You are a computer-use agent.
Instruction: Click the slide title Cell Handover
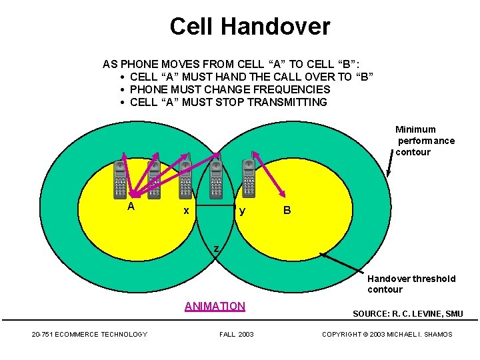tap(249, 27)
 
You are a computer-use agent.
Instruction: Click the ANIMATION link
tap(215, 307)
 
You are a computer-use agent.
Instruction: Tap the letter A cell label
tap(131, 207)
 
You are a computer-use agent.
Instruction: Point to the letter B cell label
tap(287, 211)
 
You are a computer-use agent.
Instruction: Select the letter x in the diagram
tap(187, 211)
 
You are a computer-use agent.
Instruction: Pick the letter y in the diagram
tap(242, 211)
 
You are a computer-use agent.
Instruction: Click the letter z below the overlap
tap(215, 249)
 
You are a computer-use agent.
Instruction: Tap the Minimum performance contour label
tap(425, 141)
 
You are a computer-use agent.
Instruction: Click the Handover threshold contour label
tap(411, 284)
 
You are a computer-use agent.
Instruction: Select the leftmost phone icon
tap(119, 179)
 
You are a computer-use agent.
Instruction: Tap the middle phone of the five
tap(185, 179)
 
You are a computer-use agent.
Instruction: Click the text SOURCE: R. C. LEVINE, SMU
tap(407, 314)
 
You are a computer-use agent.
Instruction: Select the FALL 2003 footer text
tap(237, 334)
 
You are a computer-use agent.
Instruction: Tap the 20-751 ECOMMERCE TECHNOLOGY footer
tap(89, 334)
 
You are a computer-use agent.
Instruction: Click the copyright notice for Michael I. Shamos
tap(387, 334)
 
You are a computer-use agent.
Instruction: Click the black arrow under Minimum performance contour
tap(389, 163)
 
